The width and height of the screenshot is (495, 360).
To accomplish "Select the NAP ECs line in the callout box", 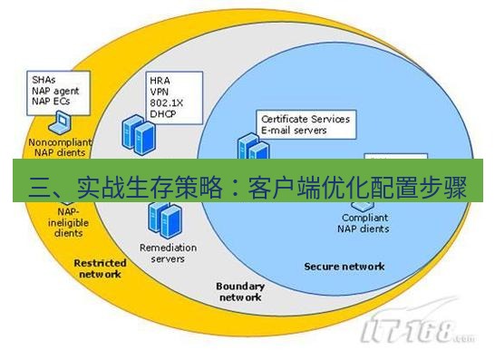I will (51, 102).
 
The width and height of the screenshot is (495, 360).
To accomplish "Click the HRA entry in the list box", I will (160, 81).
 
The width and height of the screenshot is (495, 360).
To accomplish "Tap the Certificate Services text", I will (306, 120).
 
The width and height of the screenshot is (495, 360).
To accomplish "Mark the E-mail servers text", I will (295, 131).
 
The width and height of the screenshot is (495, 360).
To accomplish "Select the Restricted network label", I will (98, 268).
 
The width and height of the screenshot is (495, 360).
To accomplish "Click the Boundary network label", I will (239, 292).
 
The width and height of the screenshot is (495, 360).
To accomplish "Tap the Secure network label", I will (345, 267).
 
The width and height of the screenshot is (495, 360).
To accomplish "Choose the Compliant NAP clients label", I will (365, 223).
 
